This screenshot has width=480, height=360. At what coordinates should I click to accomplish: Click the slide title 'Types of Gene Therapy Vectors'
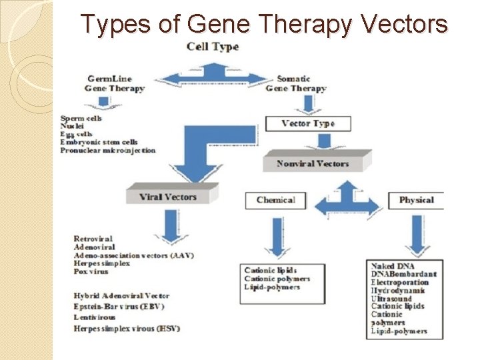pyautogui.click(x=264, y=25)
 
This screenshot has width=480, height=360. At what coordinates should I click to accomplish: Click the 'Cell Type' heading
pyautogui.click(x=212, y=47)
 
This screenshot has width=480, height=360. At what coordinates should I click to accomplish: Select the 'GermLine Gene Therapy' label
pyautogui.click(x=114, y=83)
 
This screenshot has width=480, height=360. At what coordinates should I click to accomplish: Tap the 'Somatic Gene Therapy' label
pyautogui.click(x=296, y=83)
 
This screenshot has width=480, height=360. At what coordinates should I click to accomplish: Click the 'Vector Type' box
pyautogui.click(x=307, y=123)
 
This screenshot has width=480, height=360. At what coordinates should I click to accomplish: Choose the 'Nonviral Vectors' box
pyautogui.click(x=313, y=163)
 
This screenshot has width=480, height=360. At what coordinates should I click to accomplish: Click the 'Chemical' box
pyautogui.click(x=275, y=200)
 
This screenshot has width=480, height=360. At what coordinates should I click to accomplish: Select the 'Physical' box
pyautogui.click(x=416, y=200)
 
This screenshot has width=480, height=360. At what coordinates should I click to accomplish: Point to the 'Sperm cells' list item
pyautogui.click(x=81, y=118)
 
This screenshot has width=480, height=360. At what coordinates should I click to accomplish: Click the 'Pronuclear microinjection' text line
pyautogui.click(x=107, y=150)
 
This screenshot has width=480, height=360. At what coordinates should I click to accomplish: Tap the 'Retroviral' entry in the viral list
pyautogui.click(x=93, y=239)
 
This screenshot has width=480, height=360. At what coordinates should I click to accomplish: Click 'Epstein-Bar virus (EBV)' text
pyautogui.click(x=119, y=307)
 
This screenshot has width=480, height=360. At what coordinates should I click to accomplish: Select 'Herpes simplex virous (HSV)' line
pyautogui.click(x=127, y=328)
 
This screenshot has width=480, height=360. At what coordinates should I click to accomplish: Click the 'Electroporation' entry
pyautogui.click(x=399, y=283)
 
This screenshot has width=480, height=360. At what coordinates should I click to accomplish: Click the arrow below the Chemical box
pyautogui.click(x=275, y=237)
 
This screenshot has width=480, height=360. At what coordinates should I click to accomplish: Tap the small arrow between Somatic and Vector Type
pyautogui.click(x=308, y=104)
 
